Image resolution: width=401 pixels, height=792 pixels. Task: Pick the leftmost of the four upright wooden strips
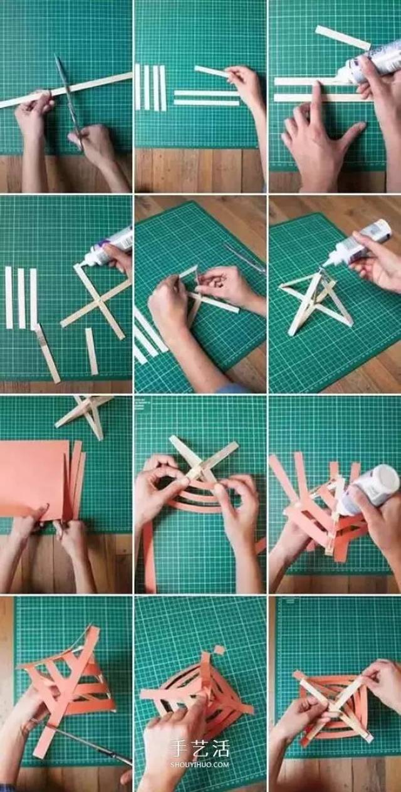click(138, 87)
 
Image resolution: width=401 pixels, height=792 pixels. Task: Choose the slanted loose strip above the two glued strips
click(342, 38)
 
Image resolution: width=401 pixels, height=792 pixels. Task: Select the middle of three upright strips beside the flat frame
click(21, 298)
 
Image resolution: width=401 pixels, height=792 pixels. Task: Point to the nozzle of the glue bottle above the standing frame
click(327, 262)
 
